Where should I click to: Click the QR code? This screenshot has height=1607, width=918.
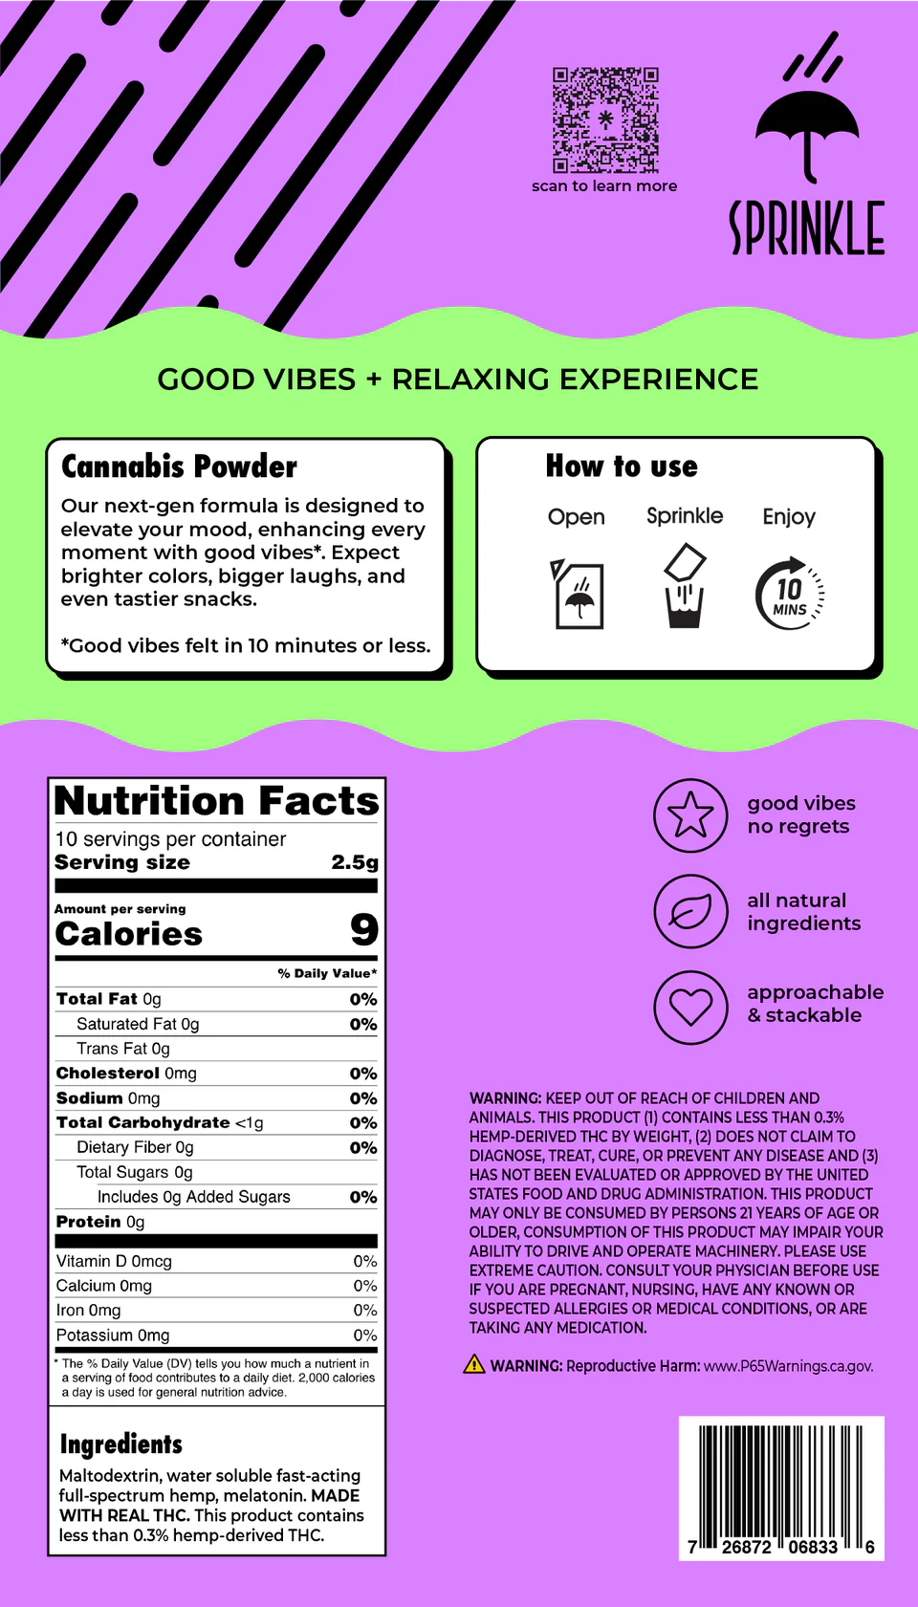pos(605,119)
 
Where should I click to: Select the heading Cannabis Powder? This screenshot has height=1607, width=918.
pos(179,467)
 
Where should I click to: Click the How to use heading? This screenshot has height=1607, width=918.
pos(622,467)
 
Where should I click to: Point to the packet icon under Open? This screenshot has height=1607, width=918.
pos(578,595)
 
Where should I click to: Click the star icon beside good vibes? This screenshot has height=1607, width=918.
pos(690,815)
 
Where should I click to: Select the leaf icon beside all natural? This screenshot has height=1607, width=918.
pos(690,911)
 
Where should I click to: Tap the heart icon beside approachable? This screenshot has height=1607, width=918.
pos(690,1007)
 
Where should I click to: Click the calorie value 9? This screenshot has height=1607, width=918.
pos(363,930)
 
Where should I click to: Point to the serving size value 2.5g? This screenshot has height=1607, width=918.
pos(355,862)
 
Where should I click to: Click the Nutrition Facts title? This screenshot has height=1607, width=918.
pos(216,801)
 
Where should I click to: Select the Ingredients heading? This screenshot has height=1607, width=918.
pos(120,1444)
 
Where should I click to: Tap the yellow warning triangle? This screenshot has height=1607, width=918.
pos(474,1364)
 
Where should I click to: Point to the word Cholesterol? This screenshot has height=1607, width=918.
pos(108,1074)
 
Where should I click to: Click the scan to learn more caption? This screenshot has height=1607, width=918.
pos(604,186)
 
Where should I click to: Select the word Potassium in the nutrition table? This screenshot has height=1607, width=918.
pos(95,1336)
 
